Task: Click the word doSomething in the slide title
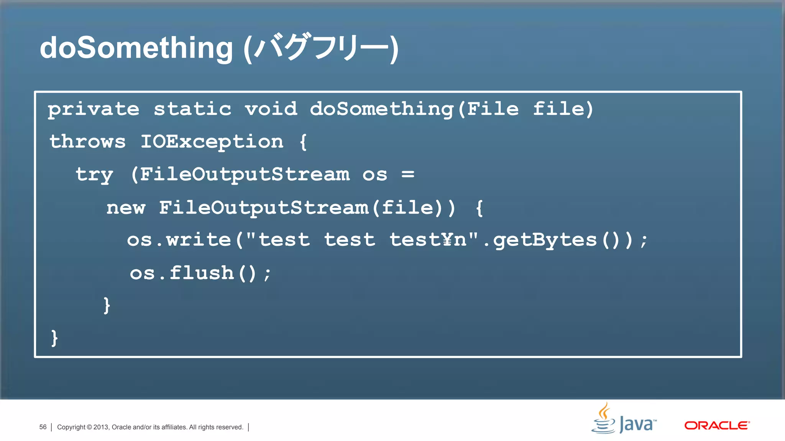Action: point(136,48)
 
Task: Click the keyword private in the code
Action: point(94,109)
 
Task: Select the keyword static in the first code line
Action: point(193,109)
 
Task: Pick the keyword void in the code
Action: point(271,109)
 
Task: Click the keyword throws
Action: point(88,142)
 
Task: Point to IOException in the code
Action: point(212,142)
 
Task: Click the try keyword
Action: point(94,175)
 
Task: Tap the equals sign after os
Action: point(408,175)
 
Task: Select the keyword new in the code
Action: point(126,208)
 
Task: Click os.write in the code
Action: point(179,240)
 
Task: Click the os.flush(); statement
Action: point(200,274)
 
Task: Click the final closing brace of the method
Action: point(54,338)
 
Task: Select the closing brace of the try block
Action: point(107,305)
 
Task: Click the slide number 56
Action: point(43,427)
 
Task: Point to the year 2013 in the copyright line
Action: point(101,427)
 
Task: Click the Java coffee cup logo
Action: point(604,418)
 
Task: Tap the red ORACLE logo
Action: point(717,425)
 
